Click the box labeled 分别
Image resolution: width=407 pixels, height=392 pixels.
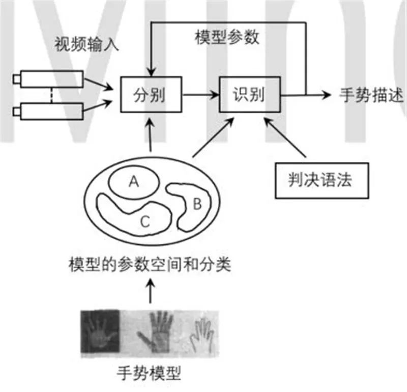[x=150, y=95]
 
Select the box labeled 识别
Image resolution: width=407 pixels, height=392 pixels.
[x=249, y=95]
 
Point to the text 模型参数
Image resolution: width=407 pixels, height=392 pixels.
[x=227, y=38]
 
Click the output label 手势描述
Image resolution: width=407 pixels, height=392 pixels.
[x=371, y=95]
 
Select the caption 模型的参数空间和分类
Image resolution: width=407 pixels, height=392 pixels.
[x=150, y=265]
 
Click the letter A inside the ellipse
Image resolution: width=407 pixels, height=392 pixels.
[x=134, y=181]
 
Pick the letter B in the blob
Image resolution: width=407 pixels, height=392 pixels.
[x=198, y=204]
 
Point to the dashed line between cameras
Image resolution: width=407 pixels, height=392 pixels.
[x=51, y=94]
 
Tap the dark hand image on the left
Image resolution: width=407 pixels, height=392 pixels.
[x=100, y=330]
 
